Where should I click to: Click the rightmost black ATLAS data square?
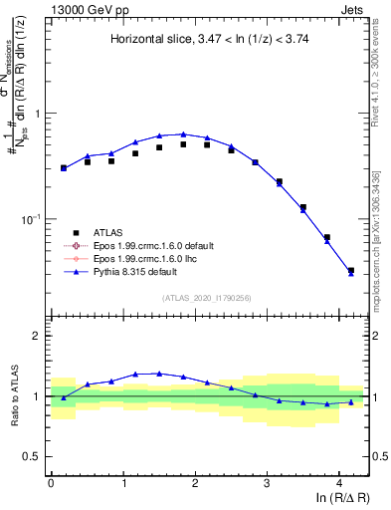pyautogui.click(x=350, y=270)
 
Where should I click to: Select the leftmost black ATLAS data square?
pyautogui.click(x=64, y=168)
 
